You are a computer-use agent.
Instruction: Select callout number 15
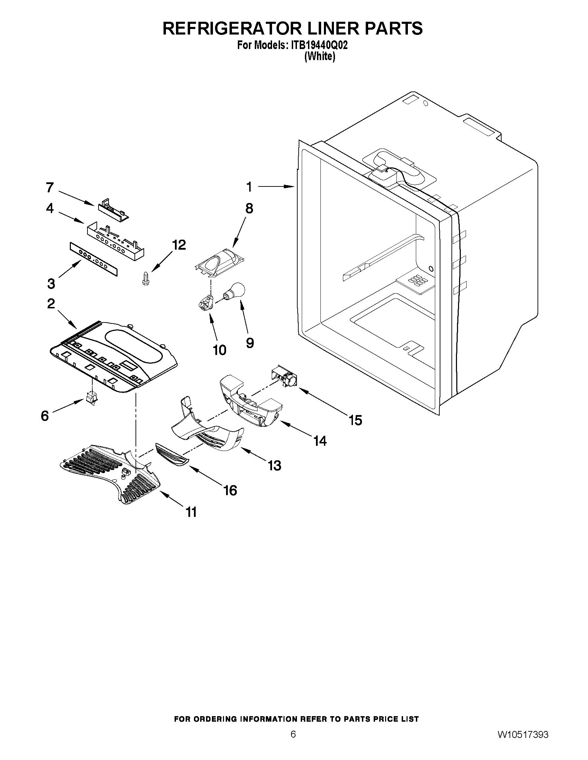tap(356, 420)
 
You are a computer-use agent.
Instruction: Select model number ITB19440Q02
tap(316, 46)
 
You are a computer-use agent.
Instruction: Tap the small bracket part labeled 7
tap(112, 210)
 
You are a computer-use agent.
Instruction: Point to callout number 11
tap(191, 511)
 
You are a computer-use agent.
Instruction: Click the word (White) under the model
tap(319, 56)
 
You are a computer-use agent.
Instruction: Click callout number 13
tap(274, 465)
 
